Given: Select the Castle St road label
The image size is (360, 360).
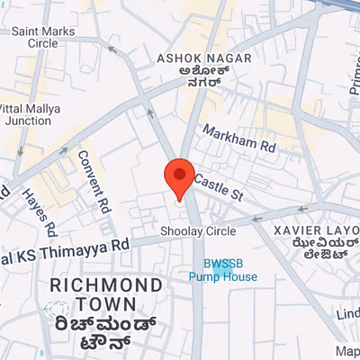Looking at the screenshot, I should pos(219,188).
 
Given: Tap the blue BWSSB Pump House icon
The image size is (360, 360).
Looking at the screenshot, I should pos(223,262).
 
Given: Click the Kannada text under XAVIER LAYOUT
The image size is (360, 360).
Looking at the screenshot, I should pos(313,252).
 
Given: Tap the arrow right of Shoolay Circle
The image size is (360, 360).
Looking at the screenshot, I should pos(256,218).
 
